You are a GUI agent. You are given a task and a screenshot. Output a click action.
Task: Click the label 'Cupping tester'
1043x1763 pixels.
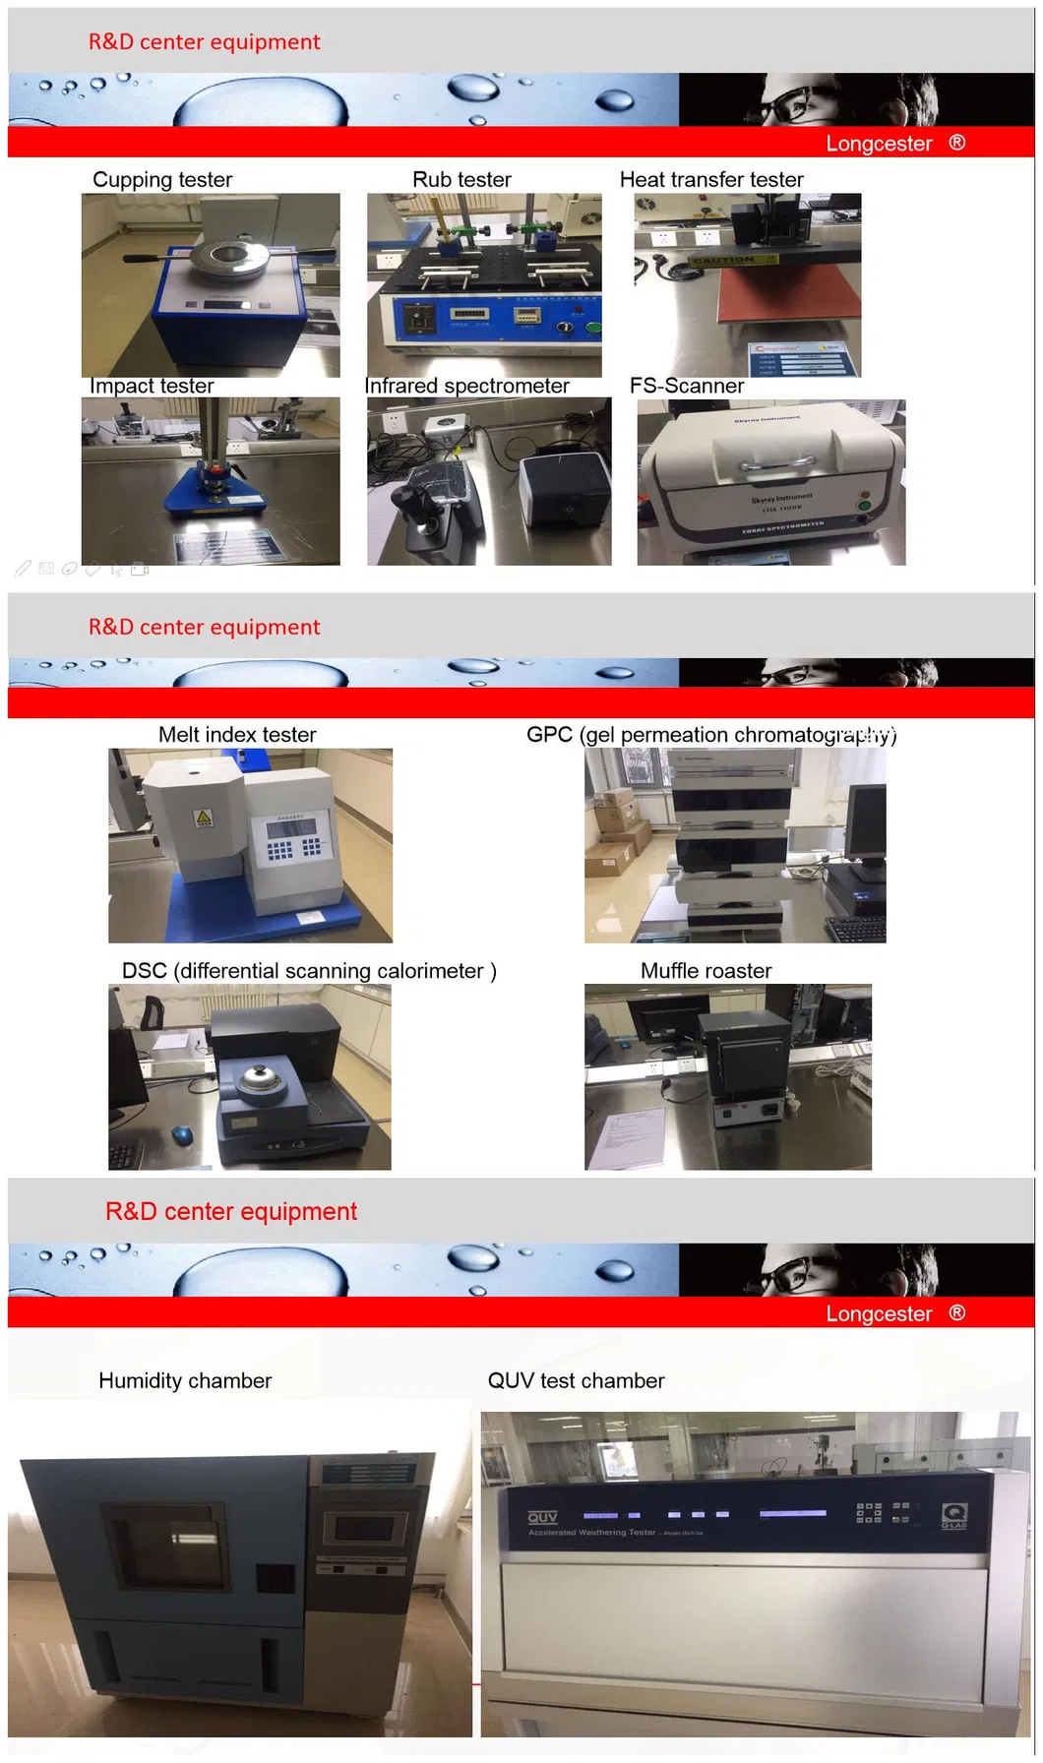click(162, 180)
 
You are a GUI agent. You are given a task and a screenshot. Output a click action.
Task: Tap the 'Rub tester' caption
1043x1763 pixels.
click(461, 180)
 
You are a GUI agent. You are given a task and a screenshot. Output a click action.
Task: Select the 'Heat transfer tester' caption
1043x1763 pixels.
click(711, 180)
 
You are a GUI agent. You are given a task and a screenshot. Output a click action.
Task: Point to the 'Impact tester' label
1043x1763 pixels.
click(152, 386)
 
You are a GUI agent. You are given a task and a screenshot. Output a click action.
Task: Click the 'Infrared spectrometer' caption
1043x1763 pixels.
click(466, 386)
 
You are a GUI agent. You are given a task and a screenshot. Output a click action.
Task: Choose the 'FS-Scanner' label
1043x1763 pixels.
click(686, 386)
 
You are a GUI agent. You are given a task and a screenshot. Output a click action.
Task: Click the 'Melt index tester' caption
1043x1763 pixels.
click(237, 735)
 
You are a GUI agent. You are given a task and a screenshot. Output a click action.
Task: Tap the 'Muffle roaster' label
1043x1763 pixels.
click(706, 971)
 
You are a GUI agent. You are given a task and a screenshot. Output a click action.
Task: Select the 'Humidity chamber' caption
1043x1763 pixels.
click(185, 1380)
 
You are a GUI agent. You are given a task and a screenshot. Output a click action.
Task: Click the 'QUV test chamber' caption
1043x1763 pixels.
click(576, 1380)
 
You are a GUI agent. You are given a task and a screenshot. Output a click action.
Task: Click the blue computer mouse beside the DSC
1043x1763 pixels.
click(182, 1134)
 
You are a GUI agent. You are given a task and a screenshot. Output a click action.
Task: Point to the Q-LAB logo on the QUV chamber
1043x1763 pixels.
click(953, 1515)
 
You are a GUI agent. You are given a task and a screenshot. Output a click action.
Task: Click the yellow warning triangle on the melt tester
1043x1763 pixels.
click(204, 818)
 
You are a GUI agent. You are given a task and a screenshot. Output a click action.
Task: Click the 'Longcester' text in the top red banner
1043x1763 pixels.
click(879, 144)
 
